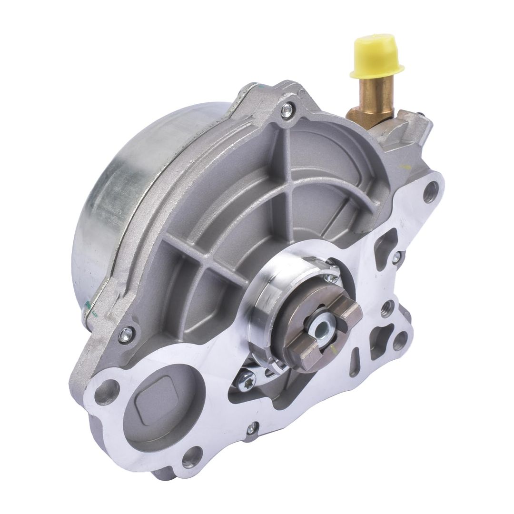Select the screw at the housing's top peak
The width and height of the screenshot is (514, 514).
click(286, 111)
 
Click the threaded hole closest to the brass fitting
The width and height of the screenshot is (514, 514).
click(431, 191)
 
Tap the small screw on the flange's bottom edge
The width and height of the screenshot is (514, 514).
click(251, 428)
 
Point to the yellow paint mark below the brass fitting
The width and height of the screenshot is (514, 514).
click(405, 167)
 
